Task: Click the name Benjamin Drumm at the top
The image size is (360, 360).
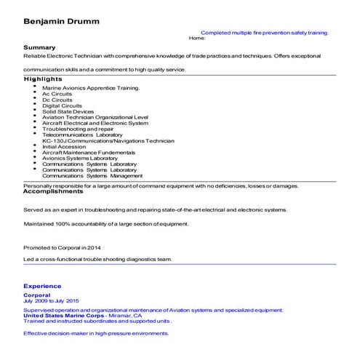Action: (61, 21)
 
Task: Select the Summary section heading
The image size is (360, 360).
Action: (39, 47)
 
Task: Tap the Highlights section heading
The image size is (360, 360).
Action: (43, 79)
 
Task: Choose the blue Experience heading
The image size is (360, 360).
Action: (42, 286)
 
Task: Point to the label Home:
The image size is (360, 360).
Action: (197, 38)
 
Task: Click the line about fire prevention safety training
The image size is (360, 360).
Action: (264, 33)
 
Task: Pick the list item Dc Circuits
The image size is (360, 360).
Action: (57, 100)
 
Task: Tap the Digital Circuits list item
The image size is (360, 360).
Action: (62, 105)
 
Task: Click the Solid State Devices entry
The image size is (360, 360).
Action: (68, 111)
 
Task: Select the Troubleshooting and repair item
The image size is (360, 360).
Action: (78, 129)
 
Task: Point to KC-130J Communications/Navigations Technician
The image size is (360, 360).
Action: (108, 140)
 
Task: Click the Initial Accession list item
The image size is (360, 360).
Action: (64, 146)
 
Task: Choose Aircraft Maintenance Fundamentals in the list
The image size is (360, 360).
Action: (89, 152)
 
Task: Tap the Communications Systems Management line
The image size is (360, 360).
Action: (92, 175)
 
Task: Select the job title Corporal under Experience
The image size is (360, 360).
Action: (37, 295)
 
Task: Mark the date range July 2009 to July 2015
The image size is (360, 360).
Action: (51, 301)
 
